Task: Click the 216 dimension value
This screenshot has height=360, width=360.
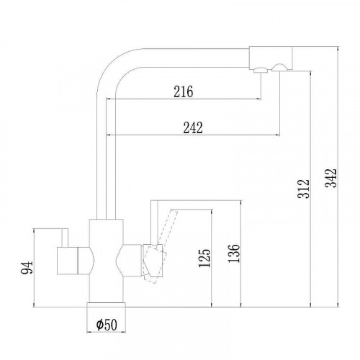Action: point(184,91)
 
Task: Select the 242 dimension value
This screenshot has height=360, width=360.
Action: point(193,127)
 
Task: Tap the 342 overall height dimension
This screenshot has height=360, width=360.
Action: point(331,178)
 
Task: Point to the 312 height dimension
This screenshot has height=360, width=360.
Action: point(304,189)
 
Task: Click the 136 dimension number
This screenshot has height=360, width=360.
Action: point(234,253)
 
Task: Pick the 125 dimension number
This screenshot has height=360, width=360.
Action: point(204,258)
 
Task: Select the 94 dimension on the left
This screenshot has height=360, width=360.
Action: point(27,268)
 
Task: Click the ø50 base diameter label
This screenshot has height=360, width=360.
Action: point(107,325)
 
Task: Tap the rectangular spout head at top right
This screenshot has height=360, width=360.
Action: point(271,58)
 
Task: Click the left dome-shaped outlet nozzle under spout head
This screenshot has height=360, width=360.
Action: point(261,70)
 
